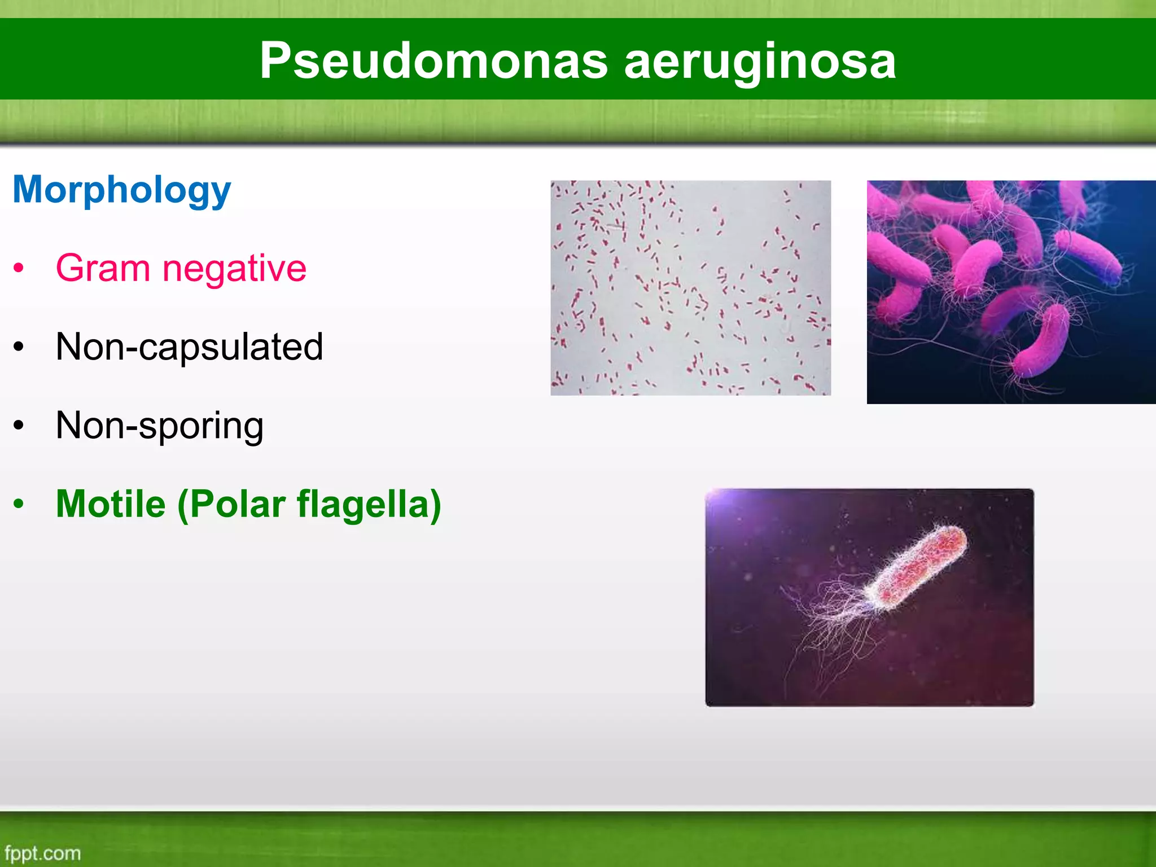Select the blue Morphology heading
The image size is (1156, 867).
click(x=122, y=190)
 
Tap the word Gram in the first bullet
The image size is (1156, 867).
click(x=102, y=268)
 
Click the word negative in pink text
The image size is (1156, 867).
click(x=234, y=269)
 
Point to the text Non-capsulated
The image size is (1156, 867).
click(x=189, y=347)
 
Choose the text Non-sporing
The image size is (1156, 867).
click(x=159, y=426)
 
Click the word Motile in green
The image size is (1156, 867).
click(x=111, y=503)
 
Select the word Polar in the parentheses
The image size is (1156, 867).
click(x=237, y=503)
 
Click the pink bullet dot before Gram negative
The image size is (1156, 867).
click(x=19, y=268)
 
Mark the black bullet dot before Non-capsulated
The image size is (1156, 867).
click(x=19, y=347)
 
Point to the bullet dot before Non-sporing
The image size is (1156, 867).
click(x=19, y=426)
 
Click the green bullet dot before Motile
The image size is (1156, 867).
click(x=19, y=504)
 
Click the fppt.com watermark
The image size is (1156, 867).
click(x=42, y=853)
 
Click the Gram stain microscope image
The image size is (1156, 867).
click(x=690, y=288)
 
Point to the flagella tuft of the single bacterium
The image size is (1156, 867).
click(x=830, y=621)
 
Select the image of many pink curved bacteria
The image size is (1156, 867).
click(x=1010, y=292)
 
